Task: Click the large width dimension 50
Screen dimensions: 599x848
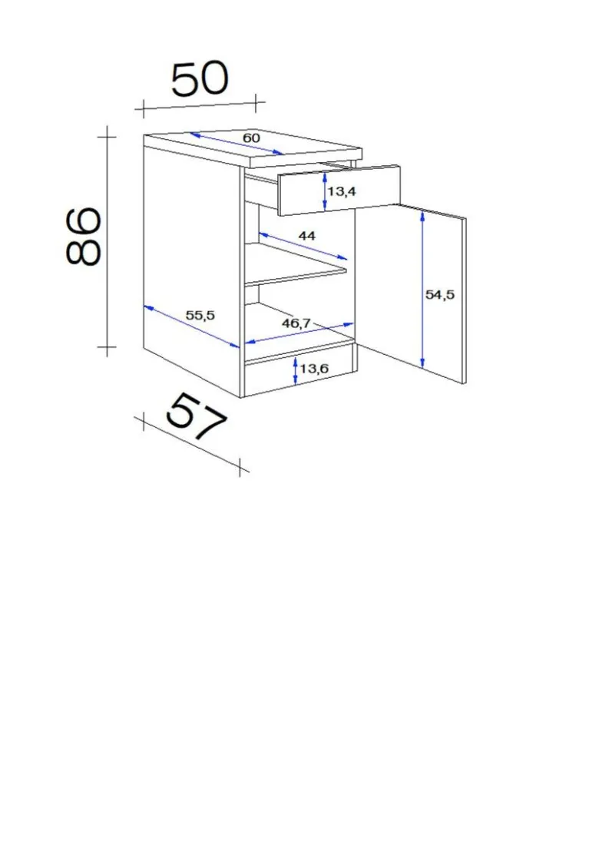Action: (x=200, y=79)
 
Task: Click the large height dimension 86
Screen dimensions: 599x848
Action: (x=84, y=236)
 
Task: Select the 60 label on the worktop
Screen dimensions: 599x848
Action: (x=251, y=138)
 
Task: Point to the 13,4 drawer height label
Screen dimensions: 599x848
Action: (x=341, y=190)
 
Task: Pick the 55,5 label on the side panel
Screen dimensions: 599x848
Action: (x=200, y=315)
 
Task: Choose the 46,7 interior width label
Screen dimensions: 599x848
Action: (x=296, y=323)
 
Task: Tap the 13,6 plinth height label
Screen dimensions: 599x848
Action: (x=315, y=368)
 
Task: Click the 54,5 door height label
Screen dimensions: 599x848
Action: (x=440, y=295)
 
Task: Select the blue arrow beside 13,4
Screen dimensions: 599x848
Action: (x=324, y=190)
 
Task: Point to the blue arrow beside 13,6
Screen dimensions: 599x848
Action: (x=295, y=370)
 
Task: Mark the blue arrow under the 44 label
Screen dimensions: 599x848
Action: (x=303, y=246)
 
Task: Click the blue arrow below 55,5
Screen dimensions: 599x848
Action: (x=191, y=326)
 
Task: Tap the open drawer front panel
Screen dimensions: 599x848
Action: (x=339, y=190)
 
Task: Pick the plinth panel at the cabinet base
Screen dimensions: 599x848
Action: (x=301, y=370)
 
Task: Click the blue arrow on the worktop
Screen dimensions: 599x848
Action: (x=237, y=144)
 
